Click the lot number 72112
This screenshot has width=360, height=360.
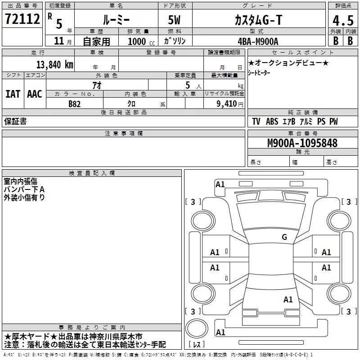22,19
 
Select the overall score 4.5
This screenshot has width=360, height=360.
342,21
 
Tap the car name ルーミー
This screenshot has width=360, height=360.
116,19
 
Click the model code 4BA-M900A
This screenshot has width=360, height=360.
258,41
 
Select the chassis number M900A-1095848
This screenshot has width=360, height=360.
302,143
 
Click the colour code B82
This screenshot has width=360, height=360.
75,103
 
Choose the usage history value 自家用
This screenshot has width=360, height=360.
96,41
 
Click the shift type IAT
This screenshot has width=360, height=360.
13,94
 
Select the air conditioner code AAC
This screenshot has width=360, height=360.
34,94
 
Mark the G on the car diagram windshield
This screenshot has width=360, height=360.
284,237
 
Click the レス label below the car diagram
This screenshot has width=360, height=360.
199,345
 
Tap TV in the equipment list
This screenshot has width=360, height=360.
256,121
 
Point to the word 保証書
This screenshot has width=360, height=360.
15,121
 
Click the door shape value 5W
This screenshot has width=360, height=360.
175,19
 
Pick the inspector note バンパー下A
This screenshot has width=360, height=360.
24,189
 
